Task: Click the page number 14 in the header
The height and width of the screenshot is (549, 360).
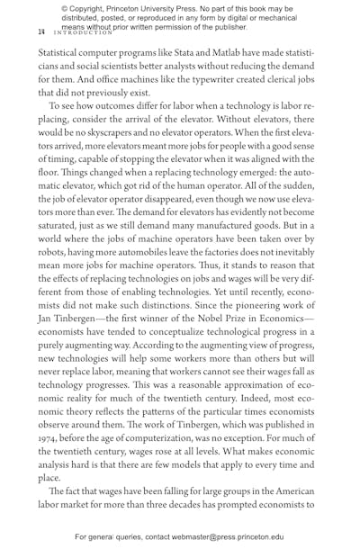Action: [40, 31]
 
